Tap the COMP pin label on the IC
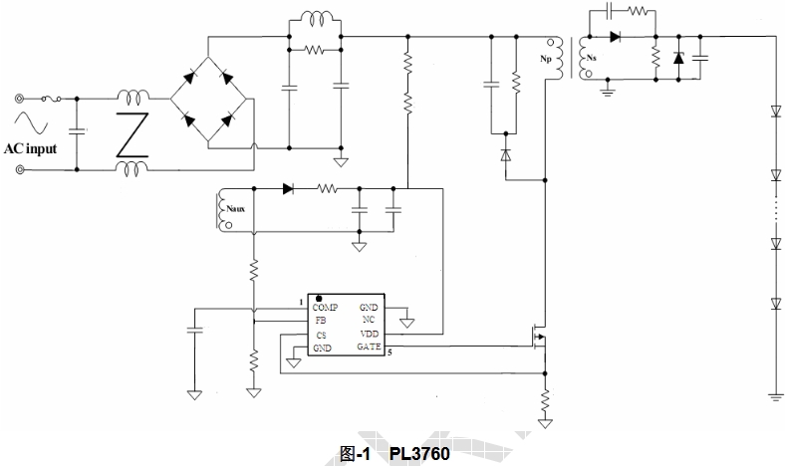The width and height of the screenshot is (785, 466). coord(326,309)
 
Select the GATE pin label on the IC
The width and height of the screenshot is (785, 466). coord(369,348)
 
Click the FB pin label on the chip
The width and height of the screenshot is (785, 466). coord(321,322)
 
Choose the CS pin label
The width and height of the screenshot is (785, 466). coord(321,336)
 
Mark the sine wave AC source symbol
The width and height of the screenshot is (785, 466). coord(30,123)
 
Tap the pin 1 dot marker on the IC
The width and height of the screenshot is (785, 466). coord(319,299)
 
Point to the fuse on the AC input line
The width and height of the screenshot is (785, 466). coord(54,99)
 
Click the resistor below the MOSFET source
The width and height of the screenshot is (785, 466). coord(545,402)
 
